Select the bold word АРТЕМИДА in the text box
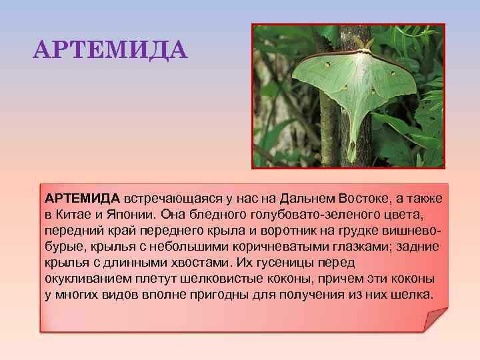[x=83, y=199]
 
